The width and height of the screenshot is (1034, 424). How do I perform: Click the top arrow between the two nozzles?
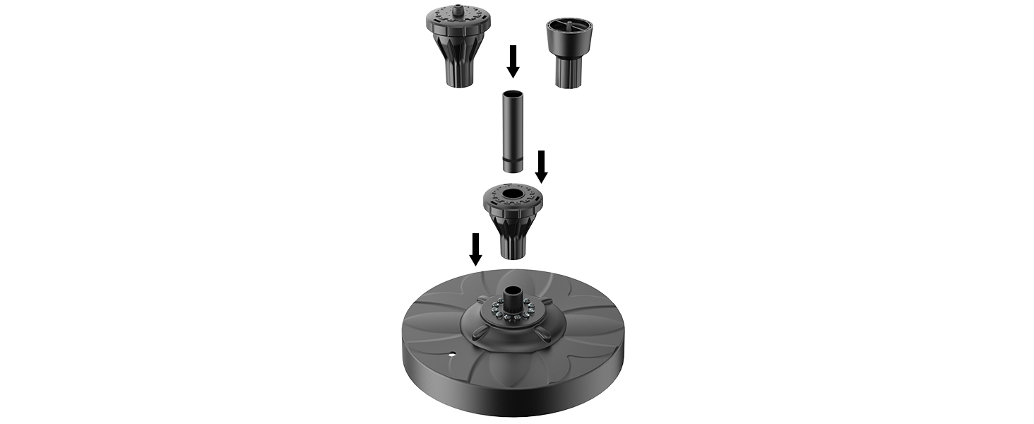tap(513, 61)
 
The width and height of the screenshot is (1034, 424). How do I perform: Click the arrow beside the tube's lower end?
tap(542, 166)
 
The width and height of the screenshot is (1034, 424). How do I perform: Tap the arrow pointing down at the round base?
tap(476, 249)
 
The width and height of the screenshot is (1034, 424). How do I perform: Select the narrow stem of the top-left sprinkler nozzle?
tap(457, 74)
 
